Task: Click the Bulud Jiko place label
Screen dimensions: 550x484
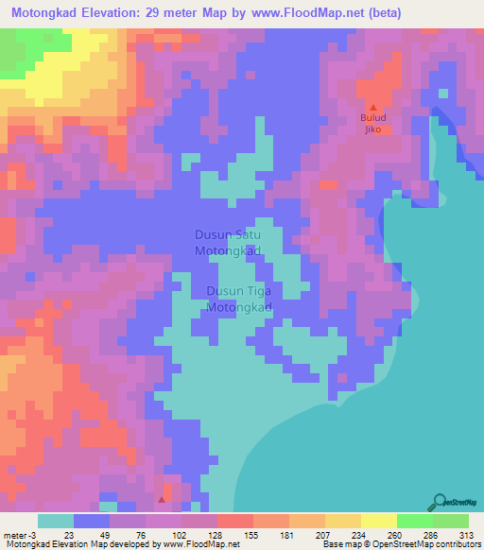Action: click(372, 124)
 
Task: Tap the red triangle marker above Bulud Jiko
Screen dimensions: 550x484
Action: click(372, 108)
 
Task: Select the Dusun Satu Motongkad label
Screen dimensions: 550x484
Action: click(228, 243)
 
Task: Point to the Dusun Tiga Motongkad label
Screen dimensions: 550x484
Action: click(239, 301)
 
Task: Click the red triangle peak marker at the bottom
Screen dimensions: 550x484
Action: click(163, 498)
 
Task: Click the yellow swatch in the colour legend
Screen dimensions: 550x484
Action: click(378, 521)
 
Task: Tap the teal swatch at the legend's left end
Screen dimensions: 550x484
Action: click(56, 521)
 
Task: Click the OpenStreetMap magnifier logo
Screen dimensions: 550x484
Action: click(440, 500)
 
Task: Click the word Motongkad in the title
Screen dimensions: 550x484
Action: click(45, 13)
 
